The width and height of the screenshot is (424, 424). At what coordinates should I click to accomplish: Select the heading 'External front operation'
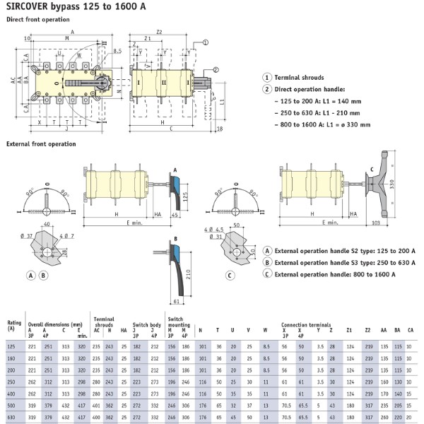point(40,143)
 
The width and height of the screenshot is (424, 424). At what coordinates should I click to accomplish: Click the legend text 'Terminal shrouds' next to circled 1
point(300,77)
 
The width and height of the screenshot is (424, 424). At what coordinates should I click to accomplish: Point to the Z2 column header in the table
point(368,329)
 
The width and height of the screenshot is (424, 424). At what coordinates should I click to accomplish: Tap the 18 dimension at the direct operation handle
point(220,129)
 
